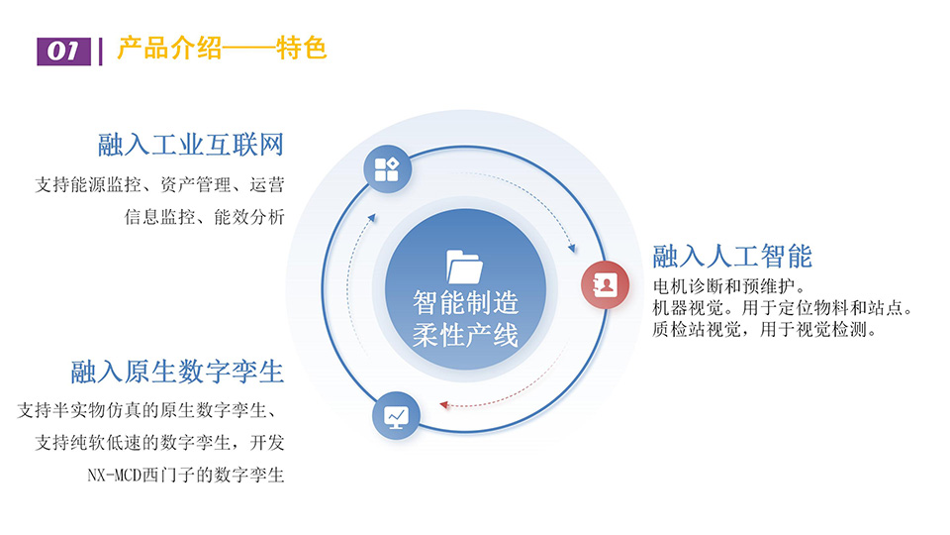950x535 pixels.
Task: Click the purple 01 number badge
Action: pos(63,52)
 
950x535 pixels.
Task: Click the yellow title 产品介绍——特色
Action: pos(222,48)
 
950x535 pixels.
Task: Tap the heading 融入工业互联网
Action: pos(191,145)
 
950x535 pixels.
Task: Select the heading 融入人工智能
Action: pos(732,256)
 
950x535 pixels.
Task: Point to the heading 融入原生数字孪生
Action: pos(177,372)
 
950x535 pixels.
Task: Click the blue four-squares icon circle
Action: pos(387,169)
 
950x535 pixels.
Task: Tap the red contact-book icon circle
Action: pos(605,284)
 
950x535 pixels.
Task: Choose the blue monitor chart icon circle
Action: pos(396,416)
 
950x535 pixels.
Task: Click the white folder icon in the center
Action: pos(465,267)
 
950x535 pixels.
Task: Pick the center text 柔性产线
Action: pos(465,335)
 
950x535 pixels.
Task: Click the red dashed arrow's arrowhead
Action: pos(444,404)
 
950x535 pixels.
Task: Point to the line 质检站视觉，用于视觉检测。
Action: pos(765,329)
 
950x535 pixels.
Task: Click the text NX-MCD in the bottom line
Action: pos(114,475)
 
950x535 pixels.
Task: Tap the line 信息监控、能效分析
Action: pos(205,217)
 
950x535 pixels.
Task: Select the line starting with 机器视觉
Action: pos(783,308)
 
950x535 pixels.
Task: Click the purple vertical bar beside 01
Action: pos(101,52)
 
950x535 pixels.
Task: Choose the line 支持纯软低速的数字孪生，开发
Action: pos(160,443)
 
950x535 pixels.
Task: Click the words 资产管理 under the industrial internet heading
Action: pos(196,184)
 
